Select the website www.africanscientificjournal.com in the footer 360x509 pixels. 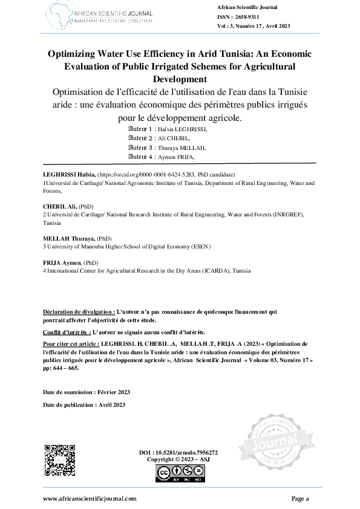click(x=90, y=498)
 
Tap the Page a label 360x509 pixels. click(x=300, y=498)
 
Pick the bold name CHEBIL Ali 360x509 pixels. click(x=57, y=207)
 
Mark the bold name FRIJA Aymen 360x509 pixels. click(x=61, y=264)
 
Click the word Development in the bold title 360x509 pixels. click(x=180, y=79)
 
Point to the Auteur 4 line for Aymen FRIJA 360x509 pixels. click(x=170, y=157)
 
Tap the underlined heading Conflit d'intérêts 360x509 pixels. click(x=67, y=332)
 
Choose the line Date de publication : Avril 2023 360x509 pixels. click(x=84, y=404)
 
